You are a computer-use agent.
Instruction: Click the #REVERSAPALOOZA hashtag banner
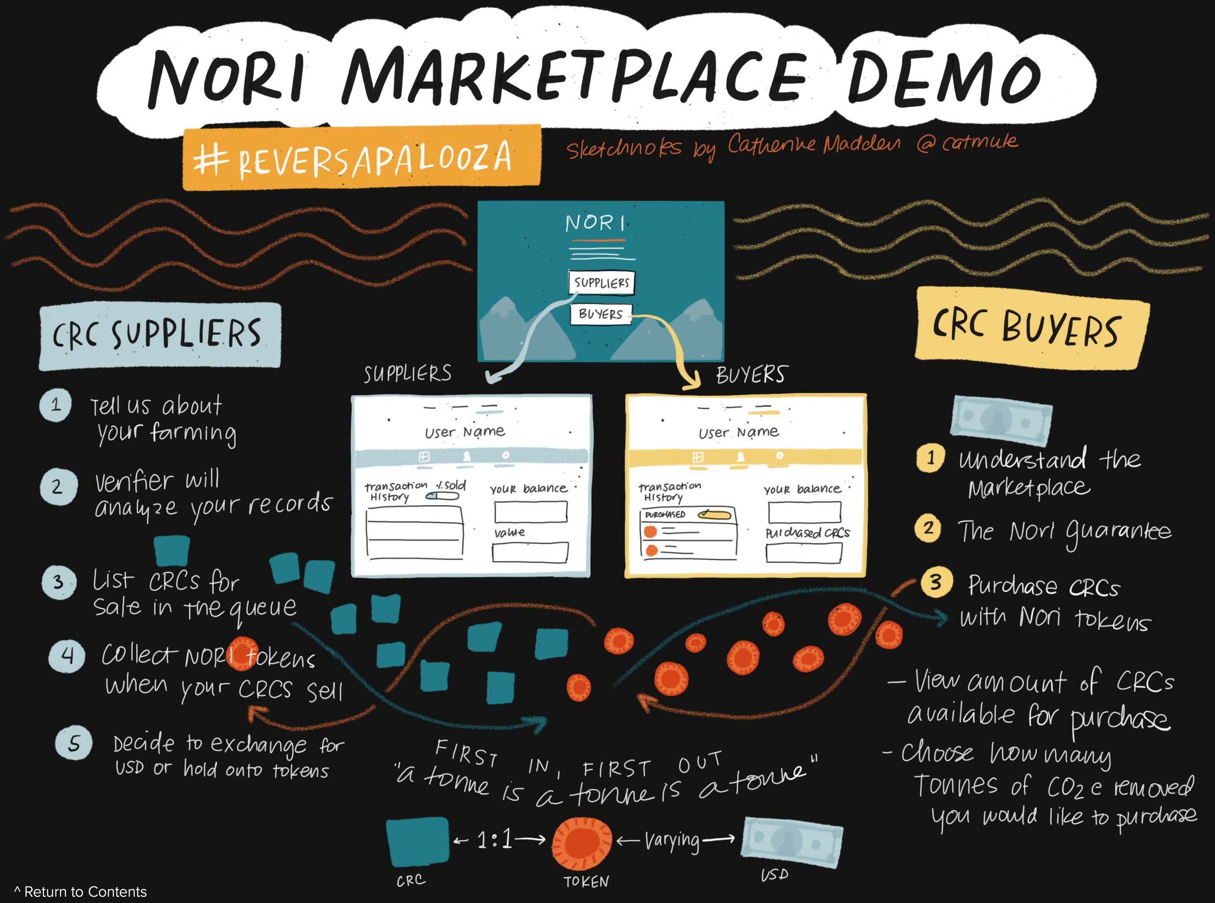(x=361, y=157)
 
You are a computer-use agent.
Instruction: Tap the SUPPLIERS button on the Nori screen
(x=601, y=282)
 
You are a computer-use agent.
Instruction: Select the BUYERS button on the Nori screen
(x=601, y=314)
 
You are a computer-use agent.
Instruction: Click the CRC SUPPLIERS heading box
(x=159, y=335)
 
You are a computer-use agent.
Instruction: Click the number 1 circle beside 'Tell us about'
(x=56, y=405)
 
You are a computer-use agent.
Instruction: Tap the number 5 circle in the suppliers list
(x=74, y=743)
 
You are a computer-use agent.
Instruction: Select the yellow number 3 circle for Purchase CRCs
(x=936, y=582)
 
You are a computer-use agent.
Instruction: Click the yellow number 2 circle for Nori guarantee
(x=928, y=528)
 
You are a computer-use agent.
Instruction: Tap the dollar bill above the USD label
(x=792, y=839)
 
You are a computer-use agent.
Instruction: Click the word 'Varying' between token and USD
(x=672, y=841)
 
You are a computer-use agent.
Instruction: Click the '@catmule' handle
(x=967, y=143)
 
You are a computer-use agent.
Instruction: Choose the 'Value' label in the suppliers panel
(x=509, y=532)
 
